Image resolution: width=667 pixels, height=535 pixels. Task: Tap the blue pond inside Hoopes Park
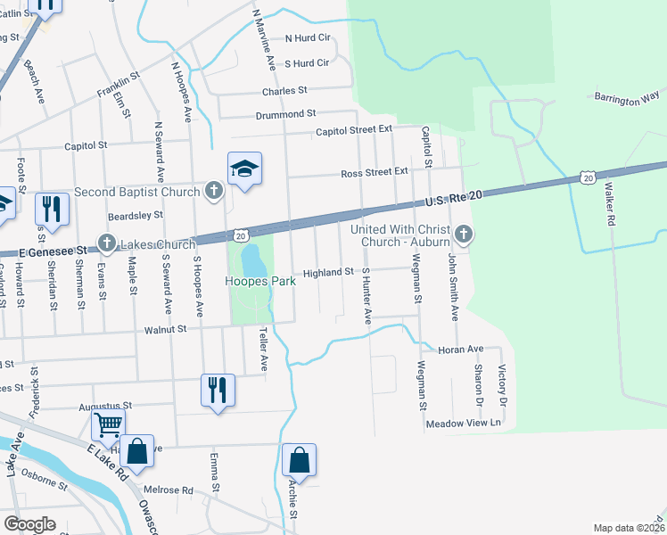coord(252,260)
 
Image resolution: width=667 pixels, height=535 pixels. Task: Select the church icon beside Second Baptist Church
coord(213,191)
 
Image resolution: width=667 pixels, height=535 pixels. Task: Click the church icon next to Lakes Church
coord(106,242)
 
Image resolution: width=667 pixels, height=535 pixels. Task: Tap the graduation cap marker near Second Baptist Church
coord(244,168)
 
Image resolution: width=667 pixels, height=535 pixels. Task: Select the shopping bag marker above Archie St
coord(300,460)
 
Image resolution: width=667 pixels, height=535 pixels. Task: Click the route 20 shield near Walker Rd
coord(588,178)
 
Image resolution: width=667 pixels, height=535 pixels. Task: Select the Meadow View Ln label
coord(465,424)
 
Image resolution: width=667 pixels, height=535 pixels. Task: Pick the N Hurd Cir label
coord(308,38)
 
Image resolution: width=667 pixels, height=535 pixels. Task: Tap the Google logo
coord(29,524)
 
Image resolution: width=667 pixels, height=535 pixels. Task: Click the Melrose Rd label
coord(169,490)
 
